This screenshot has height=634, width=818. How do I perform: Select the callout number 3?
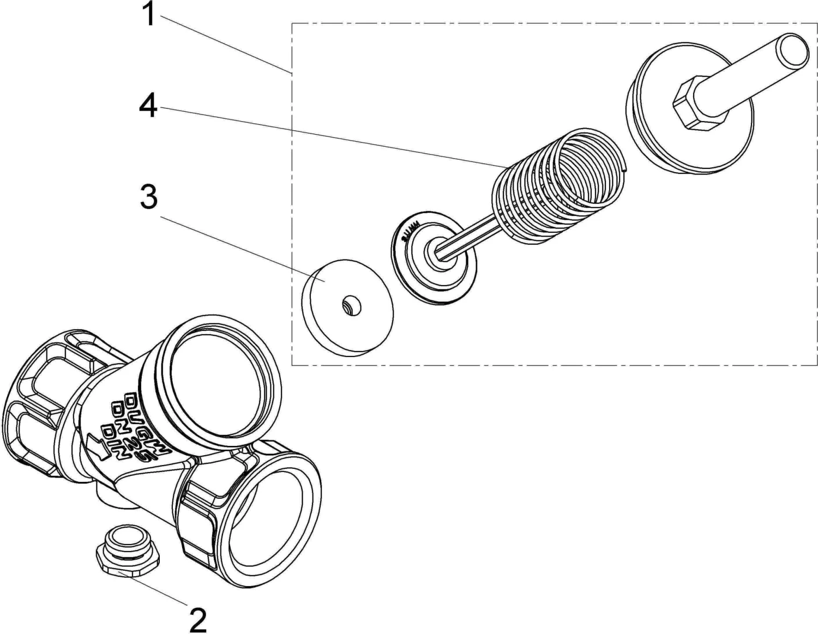(148, 197)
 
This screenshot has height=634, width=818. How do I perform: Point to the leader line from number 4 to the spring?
(327, 136)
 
